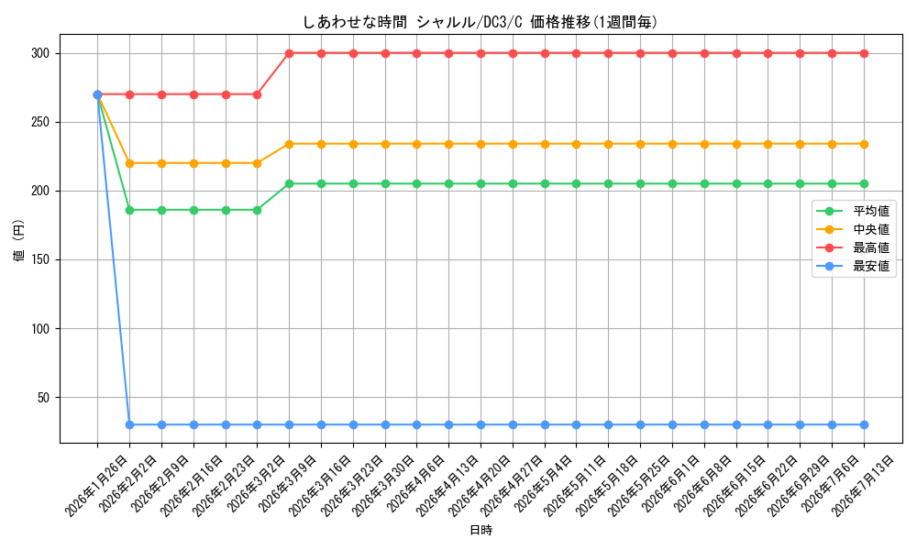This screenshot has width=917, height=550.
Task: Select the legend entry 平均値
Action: pyautogui.click(x=871, y=211)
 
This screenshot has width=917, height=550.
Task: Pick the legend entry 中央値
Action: pyautogui.click(x=871, y=230)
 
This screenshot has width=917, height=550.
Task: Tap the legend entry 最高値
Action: pyautogui.click(x=871, y=247)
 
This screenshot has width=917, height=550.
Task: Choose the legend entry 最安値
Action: pyautogui.click(x=871, y=267)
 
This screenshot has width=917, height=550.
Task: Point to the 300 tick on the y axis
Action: pyautogui.click(x=40, y=54)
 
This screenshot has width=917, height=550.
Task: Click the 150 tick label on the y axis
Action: pyautogui.click(x=40, y=260)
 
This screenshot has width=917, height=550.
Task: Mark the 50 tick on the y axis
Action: pyautogui.click(x=43, y=398)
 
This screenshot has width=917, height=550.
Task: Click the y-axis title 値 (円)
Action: pyautogui.click(x=19, y=239)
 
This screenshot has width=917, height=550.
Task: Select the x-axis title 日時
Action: pyautogui.click(x=481, y=530)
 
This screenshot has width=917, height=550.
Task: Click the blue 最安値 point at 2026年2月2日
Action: pyautogui.click(x=130, y=425)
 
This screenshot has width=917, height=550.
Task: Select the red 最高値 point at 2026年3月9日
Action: pyautogui.click(x=289, y=54)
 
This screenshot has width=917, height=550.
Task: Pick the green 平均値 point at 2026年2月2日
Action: pyautogui.click(x=130, y=211)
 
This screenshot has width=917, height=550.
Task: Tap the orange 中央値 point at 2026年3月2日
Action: pyautogui.click(x=258, y=164)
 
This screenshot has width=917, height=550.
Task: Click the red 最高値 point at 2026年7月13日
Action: pyautogui.click(x=865, y=54)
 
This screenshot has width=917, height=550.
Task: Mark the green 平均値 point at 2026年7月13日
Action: pyautogui.click(x=865, y=184)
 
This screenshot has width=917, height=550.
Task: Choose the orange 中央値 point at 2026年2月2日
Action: pyautogui.click(x=130, y=164)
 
